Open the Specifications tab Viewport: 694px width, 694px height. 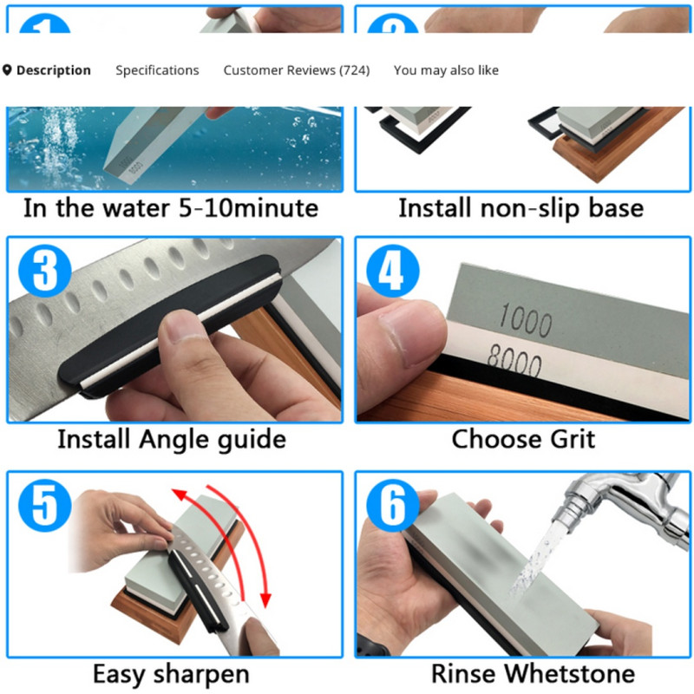(x=157, y=70)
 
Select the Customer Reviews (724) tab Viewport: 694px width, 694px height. (x=297, y=70)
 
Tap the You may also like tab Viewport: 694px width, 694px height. (x=446, y=70)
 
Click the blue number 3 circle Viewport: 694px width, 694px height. (x=45, y=271)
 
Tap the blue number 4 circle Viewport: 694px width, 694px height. (x=393, y=271)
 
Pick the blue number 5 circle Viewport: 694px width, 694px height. (x=45, y=505)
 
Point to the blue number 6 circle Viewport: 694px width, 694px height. (x=393, y=505)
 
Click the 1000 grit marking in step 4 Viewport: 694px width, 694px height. (x=526, y=320)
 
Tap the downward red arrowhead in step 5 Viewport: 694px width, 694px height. (x=265, y=599)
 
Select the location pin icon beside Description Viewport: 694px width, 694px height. (x=7, y=70)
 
